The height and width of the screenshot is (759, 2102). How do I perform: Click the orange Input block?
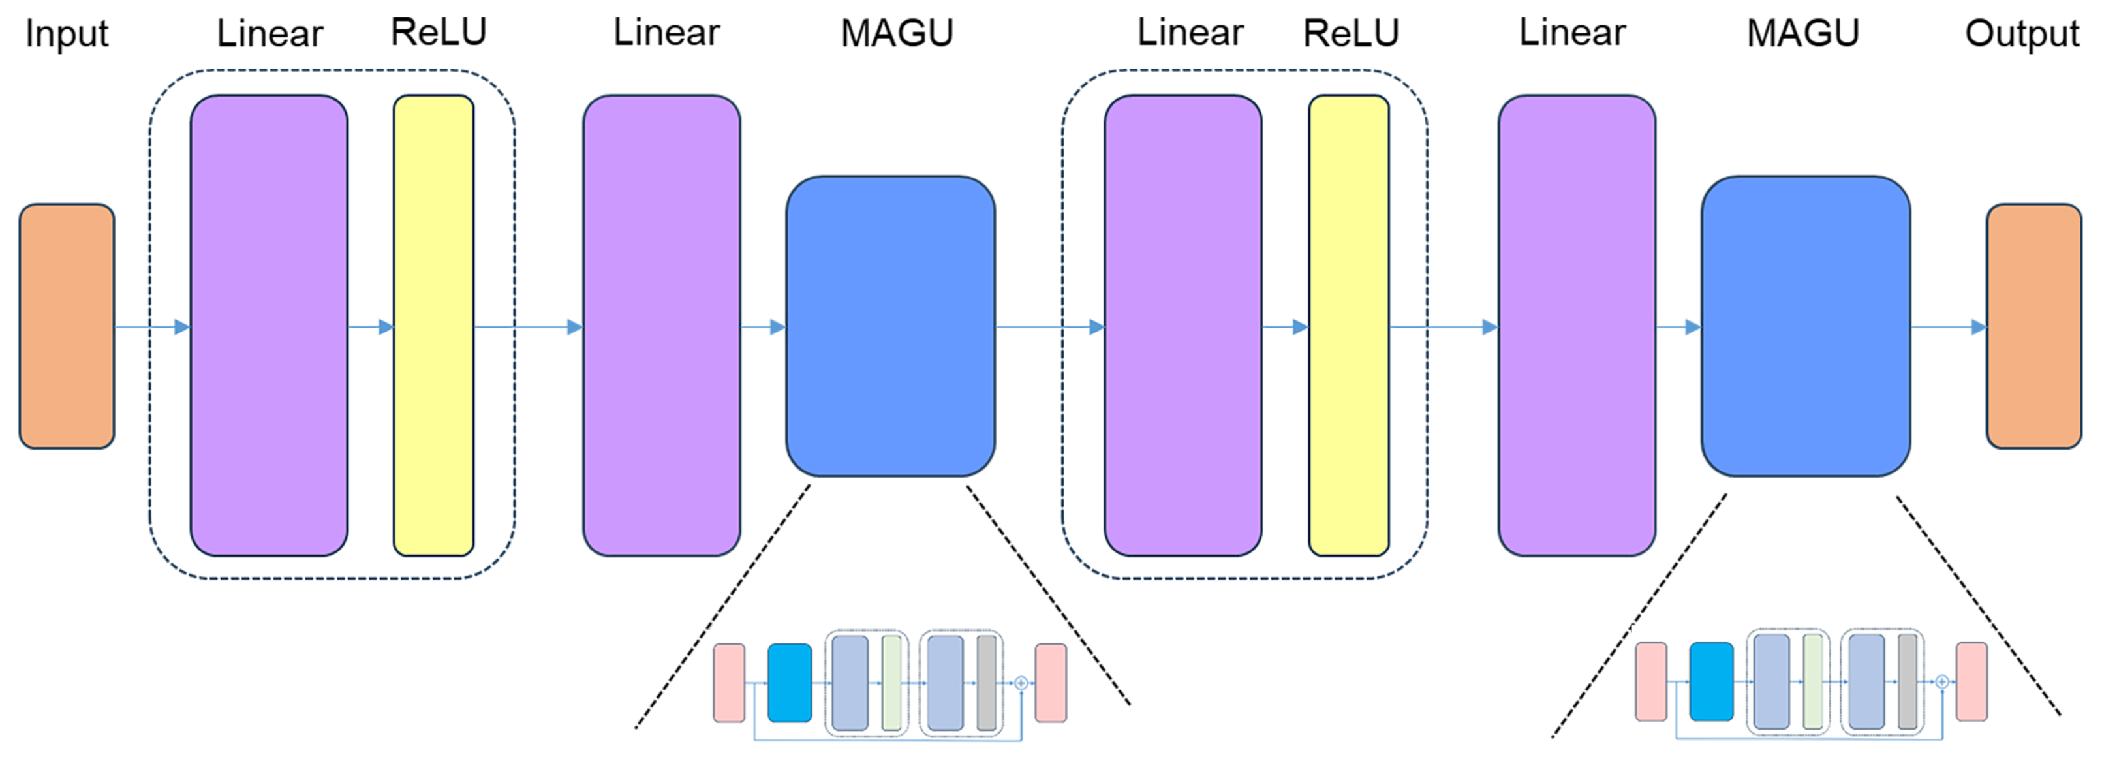tap(67, 326)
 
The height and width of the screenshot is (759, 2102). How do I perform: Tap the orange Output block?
tap(2033, 326)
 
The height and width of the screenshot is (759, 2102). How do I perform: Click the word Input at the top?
tap(67, 35)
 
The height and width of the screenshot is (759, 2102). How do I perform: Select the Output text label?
tap(2021, 35)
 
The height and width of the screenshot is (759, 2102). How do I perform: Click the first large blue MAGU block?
tap(890, 326)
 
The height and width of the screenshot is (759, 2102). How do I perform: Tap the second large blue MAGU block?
tap(1805, 326)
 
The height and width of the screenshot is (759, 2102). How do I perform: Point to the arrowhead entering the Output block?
tap(1979, 327)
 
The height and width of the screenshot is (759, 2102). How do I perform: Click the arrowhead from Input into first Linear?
tap(182, 327)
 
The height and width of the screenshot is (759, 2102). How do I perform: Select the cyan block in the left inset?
tap(789, 683)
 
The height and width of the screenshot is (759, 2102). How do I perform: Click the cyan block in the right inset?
tap(1711, 681)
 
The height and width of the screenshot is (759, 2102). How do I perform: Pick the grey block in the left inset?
tap(985, 683)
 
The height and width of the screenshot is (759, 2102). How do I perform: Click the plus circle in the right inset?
tap(1942, 681)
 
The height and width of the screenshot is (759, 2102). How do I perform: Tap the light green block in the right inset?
tap(1812, 681)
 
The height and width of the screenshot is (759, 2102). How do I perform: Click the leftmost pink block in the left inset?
tap(729, 683)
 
